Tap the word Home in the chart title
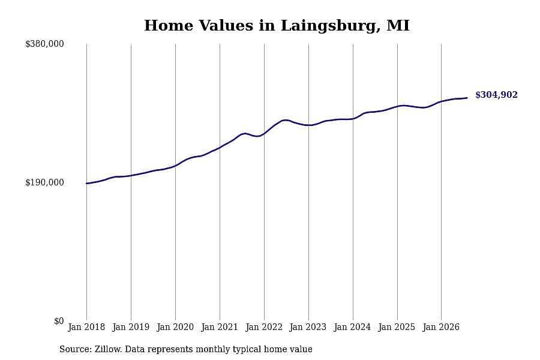point(169,25)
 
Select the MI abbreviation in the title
point(398,25)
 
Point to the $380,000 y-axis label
point(44,44)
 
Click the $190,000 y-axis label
point(44,182)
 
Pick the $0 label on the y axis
point(59,321)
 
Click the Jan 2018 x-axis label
point(86,327)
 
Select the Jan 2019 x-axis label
point(131,327)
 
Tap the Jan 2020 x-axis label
point(175,327)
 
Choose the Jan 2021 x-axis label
point(220,327)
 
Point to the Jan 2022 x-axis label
point(264,327)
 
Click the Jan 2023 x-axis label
point(308,327)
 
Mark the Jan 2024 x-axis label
point(352,327)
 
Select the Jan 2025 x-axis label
point(397,327)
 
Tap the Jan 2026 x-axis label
point(441,327)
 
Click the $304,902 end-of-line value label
point(496,95)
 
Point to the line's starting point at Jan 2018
point(87,183)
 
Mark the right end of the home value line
point(467,98)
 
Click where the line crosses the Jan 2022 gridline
point(264,133)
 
